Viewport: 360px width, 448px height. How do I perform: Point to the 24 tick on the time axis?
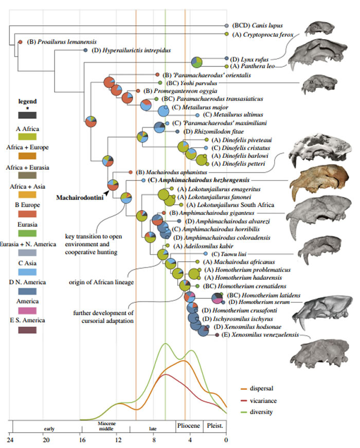(x=9, y=440)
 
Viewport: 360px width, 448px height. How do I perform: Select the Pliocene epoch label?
(x=189, y=426)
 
